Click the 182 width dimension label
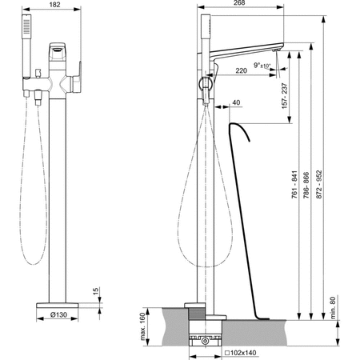coord(55,5)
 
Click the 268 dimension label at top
coord(239,2)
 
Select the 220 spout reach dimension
coord(241,70)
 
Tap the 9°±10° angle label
coord(262,65)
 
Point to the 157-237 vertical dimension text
coord(285,96)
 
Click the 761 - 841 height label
coord(294,185)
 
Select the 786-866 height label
coord(306,185)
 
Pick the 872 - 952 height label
coord(319,185)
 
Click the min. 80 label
coord(333,308)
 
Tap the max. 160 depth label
coord(143,326)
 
